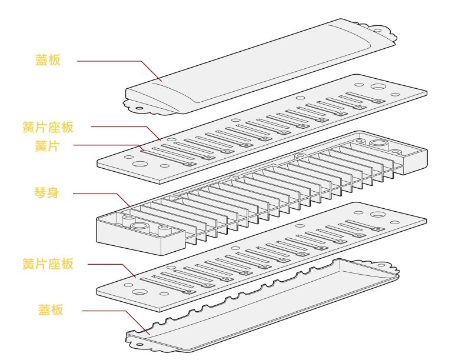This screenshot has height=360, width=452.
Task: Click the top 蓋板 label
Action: click(48, 60)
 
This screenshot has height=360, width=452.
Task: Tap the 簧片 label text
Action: click(48, 146)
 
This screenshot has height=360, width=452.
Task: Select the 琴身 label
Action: click(48, 193)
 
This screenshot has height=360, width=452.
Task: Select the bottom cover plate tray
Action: click(265, 306)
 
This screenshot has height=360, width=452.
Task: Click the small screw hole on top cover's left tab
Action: click(139, 108)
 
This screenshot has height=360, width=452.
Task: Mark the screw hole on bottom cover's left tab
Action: click(141, 346)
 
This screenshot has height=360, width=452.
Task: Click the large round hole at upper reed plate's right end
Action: click(378, 88)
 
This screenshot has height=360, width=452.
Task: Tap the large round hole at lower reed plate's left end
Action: click(141, 292)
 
